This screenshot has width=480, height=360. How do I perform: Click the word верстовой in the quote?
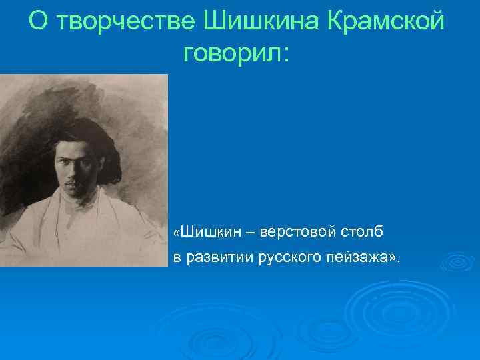293,233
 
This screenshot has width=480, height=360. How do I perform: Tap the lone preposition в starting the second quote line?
177,258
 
